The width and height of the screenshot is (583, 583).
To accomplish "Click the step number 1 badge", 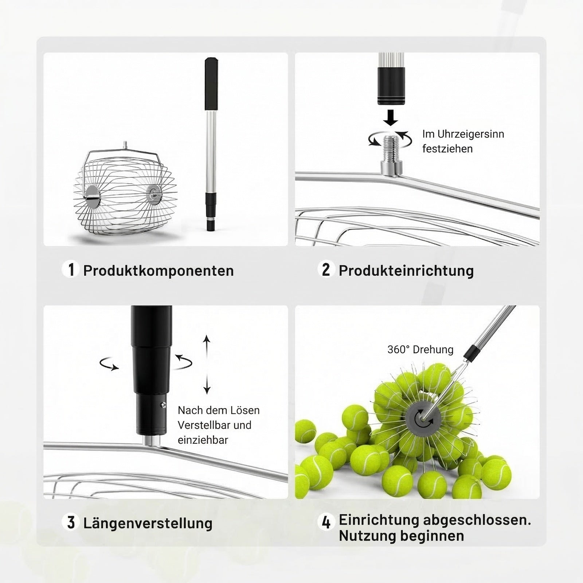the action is click(71, 270).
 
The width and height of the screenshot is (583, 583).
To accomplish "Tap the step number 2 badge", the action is click(326, 270).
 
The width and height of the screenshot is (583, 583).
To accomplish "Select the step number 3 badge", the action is click(71, 522).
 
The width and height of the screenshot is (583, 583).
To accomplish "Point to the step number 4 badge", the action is click(326, 522).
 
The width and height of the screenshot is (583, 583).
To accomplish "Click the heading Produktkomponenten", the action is click(159, 271).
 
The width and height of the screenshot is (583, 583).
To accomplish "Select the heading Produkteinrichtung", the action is click(406, 270).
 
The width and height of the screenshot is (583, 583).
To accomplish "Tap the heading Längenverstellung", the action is click(148, 523).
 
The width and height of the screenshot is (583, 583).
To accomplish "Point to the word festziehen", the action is click(447, 149).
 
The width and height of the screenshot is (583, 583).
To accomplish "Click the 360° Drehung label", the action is click(420, 349).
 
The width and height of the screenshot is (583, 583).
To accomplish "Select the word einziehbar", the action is click(203, 440).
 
